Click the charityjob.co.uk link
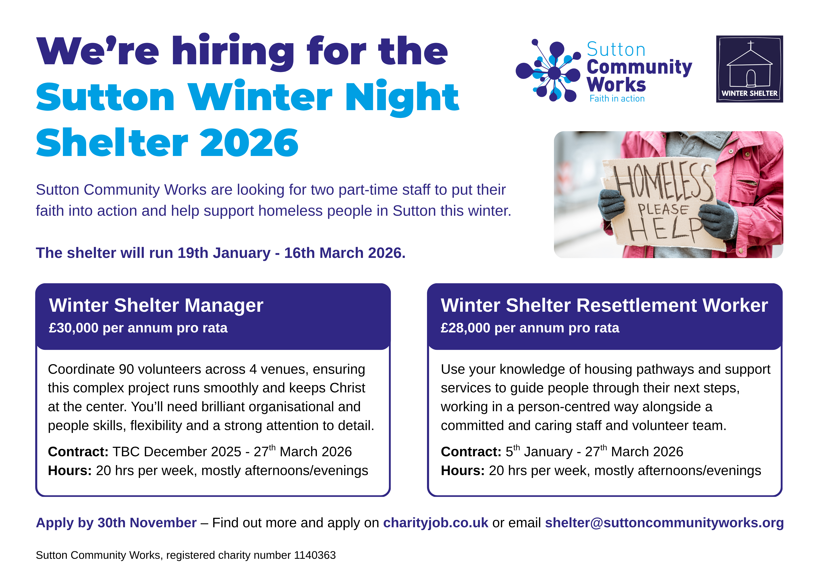435,523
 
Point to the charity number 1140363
315,555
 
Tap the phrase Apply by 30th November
116,523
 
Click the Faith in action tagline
617,99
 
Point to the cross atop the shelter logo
751,45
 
